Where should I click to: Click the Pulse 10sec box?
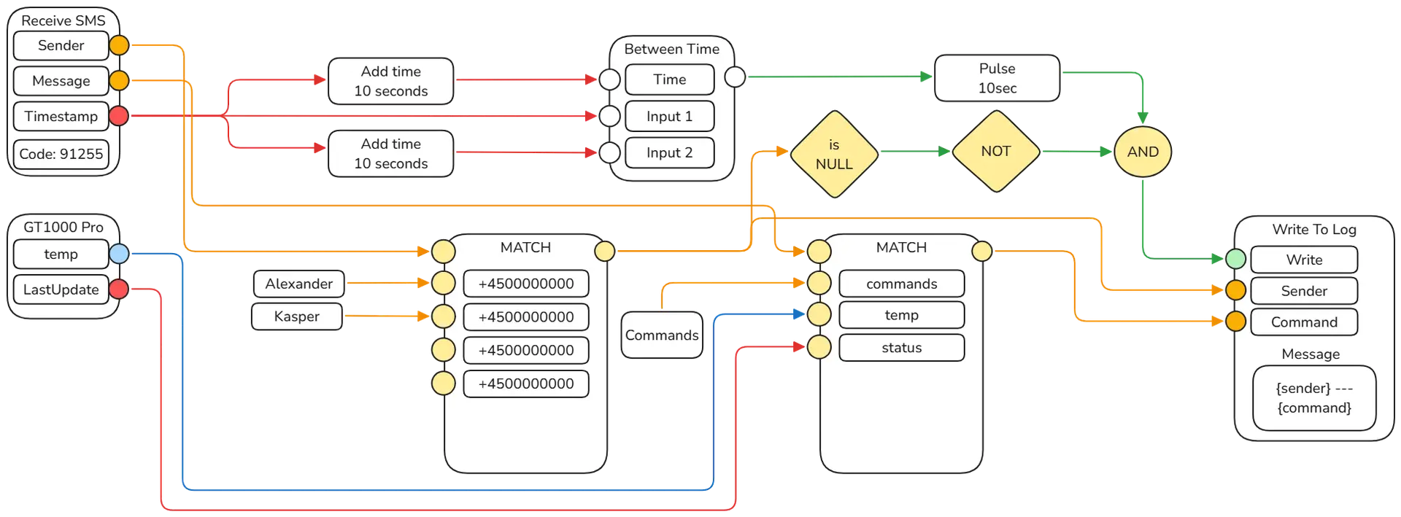coord(997,78)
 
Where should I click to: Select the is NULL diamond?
coord(834,154)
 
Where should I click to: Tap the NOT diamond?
coord(995,152)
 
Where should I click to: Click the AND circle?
coord(1142,152)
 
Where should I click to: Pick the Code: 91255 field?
coord(61,154)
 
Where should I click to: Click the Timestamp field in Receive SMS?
coord(61,116)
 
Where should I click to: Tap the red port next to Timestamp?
coord(118,115)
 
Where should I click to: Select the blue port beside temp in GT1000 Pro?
coord(118,254)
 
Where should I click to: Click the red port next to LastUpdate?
coord(118,289)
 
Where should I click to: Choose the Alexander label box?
coord(298,284)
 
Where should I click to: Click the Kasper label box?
coord(297,316)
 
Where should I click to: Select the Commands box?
coord(662,335)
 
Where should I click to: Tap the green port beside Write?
coord(1235,258)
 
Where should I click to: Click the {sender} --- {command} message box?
coord(1314,398)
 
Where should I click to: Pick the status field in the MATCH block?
coord(901,348)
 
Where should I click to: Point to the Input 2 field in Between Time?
coord(669,153)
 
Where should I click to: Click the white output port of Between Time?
coord(735,76)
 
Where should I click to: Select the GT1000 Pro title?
coord(63,228)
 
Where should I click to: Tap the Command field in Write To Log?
coord(1304,322)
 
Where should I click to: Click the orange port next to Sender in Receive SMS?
coord(119,45)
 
